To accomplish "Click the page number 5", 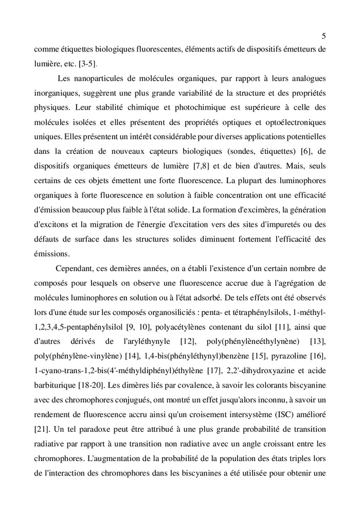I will pos(323,36).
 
